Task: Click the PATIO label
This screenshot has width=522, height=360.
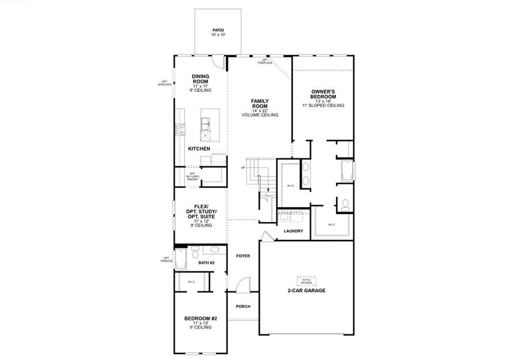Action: click(217, 32)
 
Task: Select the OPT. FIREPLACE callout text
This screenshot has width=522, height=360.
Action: click(265, 61)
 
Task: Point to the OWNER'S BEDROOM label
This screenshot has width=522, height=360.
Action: click(323, 98)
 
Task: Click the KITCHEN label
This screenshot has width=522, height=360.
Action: click(199, 148)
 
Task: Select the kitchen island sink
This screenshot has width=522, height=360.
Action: click(206, 123)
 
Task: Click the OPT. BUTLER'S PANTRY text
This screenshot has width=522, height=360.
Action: click(192, 176)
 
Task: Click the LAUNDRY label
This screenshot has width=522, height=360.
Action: click(293, 231)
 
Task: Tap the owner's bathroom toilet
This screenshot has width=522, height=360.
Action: click(344, 205)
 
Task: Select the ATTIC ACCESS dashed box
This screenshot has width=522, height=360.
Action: click(306, 280)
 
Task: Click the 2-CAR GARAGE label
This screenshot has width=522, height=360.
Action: click(306, 290)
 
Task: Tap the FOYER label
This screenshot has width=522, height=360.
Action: click(243, 256)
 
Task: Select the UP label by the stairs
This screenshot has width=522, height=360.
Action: click(243, 167)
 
